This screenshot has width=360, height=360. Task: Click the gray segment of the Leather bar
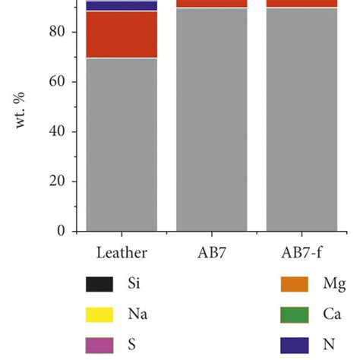click(122, 144)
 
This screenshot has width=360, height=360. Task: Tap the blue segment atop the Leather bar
click(122, 6)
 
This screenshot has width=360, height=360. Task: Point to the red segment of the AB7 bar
click(212, 4)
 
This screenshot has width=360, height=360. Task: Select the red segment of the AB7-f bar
click(302, 4)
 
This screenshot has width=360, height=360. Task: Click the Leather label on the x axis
click(122, 251)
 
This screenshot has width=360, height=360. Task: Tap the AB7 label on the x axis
click(212, 251)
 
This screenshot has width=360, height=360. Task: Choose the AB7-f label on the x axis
click(302, 251)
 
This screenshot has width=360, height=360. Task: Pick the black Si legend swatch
click(99, 285)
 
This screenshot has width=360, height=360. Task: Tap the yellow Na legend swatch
click(99, 314)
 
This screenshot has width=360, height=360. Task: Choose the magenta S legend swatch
click(99, 344)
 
